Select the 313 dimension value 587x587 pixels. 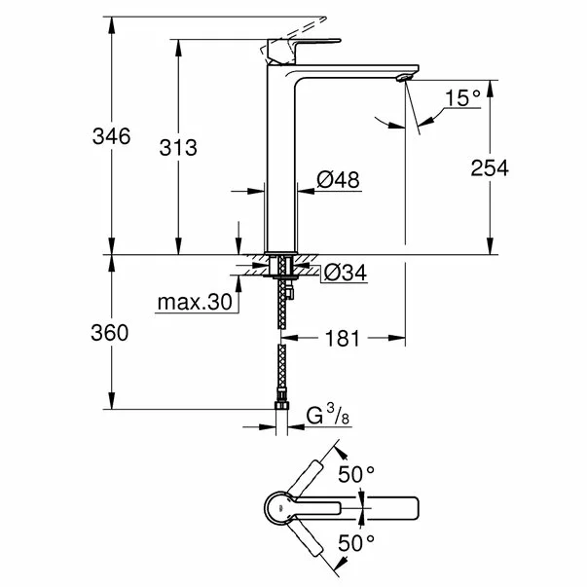click(178, 147)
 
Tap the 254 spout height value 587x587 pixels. click(490, 167)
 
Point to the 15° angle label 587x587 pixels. click(462, 97)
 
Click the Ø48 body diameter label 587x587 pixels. click(338, 179)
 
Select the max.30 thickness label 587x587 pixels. click(196, 303)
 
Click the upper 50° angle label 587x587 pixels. click(356, 474)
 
